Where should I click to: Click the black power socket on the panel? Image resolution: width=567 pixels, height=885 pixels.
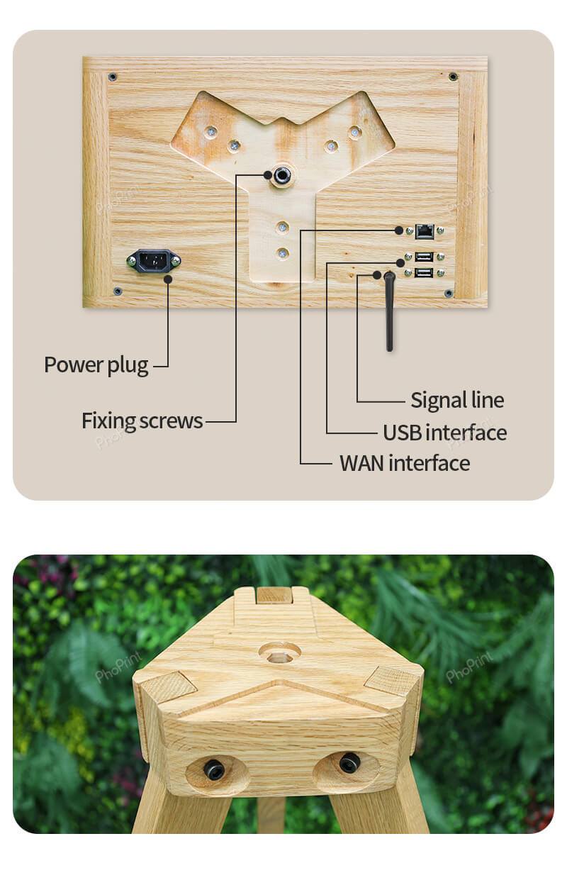153,262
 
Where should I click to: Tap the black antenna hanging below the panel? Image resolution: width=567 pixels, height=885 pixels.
389,312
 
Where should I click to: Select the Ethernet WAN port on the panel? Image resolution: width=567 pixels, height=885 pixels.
425,230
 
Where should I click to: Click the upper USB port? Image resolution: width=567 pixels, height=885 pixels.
425,257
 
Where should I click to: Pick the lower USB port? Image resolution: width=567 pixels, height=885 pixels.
425,272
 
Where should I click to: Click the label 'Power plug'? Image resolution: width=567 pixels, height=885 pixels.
96,365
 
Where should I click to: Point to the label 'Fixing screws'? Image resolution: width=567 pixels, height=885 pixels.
142,421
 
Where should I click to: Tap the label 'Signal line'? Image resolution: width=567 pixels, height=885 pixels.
457,400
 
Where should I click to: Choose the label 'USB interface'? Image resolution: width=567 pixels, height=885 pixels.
444,433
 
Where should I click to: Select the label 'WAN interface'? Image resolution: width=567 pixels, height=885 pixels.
405,463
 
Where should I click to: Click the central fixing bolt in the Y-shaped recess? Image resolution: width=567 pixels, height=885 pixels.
282,175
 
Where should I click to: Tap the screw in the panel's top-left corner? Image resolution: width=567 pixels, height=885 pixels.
113,77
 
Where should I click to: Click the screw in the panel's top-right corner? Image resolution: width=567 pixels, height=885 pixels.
453,76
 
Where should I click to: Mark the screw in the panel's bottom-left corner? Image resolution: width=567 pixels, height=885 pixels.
118,291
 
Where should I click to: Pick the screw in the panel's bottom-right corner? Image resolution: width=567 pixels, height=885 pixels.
448,293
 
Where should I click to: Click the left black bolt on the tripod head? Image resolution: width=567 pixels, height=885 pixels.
214,769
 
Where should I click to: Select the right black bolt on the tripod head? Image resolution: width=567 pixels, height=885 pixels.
349,763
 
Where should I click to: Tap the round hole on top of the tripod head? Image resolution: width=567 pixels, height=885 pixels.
279,652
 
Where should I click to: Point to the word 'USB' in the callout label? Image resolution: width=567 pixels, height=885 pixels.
403,433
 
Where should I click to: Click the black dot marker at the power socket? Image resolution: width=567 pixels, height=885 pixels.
169,279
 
